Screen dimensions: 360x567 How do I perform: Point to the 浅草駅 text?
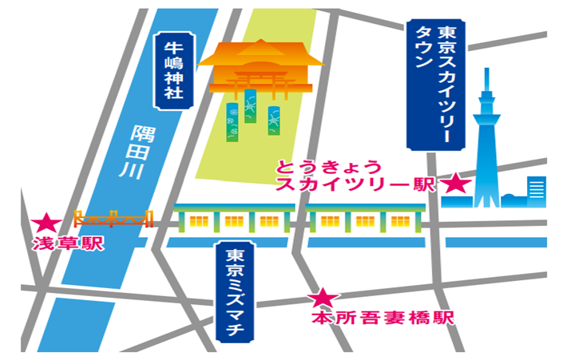point(69,243)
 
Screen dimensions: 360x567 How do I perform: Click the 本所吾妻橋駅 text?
point(382,318)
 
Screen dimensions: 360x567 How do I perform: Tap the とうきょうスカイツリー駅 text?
point(355,176)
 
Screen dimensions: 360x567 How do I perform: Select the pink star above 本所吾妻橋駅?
point(323,299)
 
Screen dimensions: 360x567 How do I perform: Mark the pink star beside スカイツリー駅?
point(457,184)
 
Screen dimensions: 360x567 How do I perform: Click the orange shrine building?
point(260,70)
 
